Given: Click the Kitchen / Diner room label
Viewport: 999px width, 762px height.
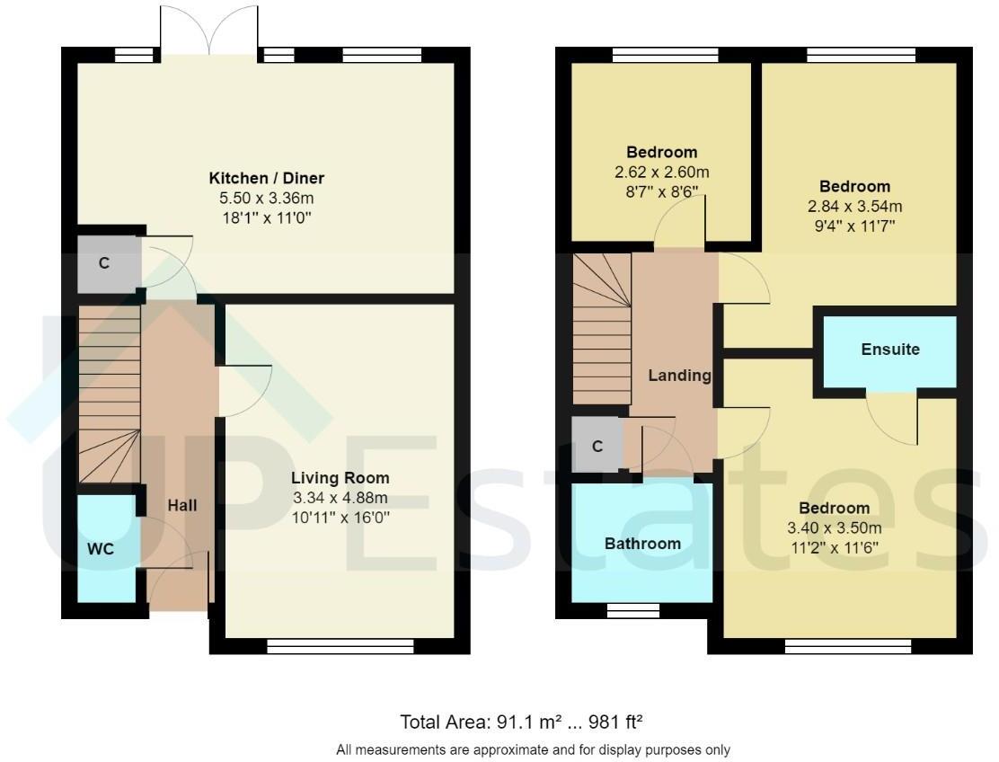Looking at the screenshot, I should coord(267,178).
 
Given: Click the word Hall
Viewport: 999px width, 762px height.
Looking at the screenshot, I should coord(181,506).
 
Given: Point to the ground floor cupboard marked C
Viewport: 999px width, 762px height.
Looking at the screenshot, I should coord(104,263).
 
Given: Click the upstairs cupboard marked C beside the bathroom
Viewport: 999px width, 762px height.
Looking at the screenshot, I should coord(597,446).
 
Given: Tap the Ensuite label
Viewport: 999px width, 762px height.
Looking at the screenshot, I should coord(890,350).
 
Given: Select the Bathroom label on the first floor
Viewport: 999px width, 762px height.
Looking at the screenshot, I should coord(642,544).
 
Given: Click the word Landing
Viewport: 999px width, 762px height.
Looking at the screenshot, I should coord(679,376).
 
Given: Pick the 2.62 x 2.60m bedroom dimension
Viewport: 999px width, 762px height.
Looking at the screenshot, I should coord(662,172).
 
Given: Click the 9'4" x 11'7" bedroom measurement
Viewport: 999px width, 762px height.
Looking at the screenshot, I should coord(854,226).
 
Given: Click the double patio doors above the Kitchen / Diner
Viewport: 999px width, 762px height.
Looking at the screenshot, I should coord(209,31).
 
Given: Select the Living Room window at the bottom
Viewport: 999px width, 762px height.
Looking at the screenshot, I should coord(340,644).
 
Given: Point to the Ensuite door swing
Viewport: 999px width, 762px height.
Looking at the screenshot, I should coord(894,419).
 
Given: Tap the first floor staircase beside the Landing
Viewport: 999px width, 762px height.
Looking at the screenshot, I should coord(602,328).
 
